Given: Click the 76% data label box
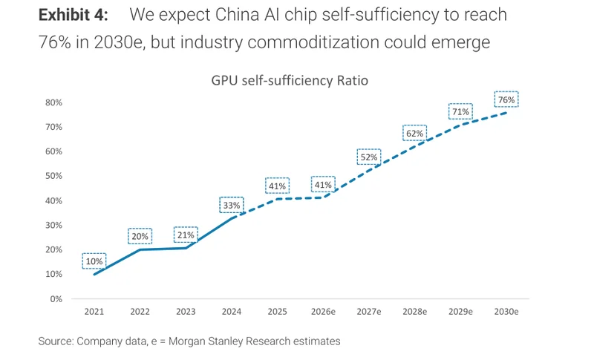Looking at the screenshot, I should click(x=506, y=99).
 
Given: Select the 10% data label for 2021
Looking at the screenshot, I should click(x=94, y=261).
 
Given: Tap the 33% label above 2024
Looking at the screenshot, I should click(x=231, y=206).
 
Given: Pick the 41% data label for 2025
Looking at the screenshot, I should click(x=277, y=186).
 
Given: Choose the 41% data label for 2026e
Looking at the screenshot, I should click(x=323, y=185).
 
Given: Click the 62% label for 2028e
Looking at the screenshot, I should click(x=414, y=134).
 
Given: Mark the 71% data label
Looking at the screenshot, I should click(x=460, y=112).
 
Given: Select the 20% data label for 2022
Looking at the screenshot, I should click(x=140, y=236).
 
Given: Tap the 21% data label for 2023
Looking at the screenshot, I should click(x=185, y=235).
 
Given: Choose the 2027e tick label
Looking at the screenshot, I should click(x=369, y=312).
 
